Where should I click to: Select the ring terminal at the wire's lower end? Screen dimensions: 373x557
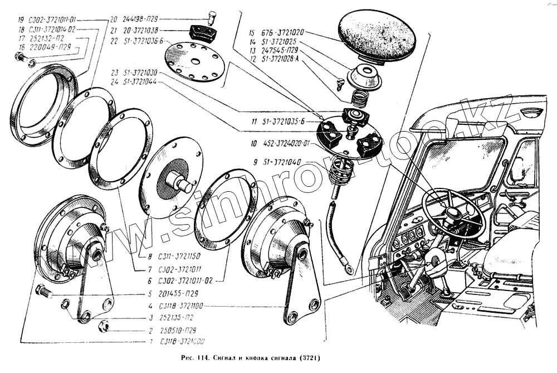point(349,270)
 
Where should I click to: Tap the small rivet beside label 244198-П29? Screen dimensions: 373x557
point(211,16)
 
